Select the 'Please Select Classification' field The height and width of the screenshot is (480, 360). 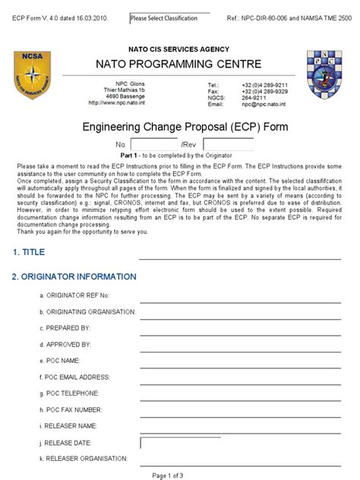click(x=169, y=17)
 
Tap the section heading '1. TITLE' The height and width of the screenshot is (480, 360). click(x=29, y=252)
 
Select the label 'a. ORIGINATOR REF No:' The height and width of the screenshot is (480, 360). click(x=78, y=295)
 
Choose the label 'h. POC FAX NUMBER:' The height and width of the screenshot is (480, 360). click(x=74, y=409)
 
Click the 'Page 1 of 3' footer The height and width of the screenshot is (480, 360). click(x=168, y=475)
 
